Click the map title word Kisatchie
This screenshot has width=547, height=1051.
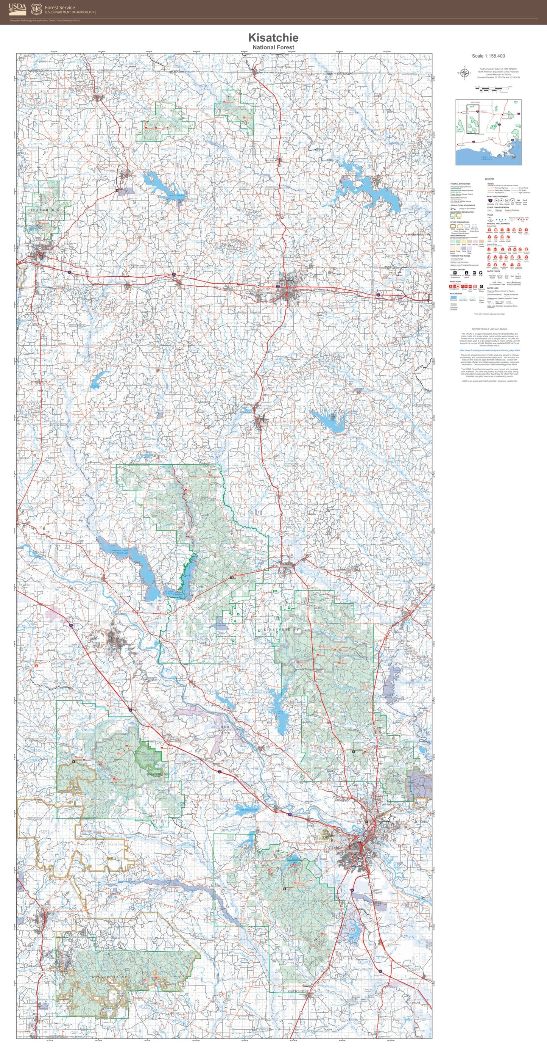[x=273, y=38]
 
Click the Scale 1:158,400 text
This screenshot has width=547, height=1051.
[x=488, y=56]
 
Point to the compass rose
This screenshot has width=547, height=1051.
[x=464, y=74]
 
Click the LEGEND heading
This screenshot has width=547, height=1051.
[x=489, y=179]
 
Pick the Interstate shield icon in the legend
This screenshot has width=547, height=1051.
[x=489, y=200]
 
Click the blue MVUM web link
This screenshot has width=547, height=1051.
[x=489, y=350]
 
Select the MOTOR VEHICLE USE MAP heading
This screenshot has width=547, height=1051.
[x=489, y=329]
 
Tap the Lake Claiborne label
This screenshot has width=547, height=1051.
[x=177, y=196]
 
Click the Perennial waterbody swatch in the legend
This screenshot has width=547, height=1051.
[x=453, y=298]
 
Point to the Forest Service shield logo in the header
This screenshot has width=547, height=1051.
[x=36, y=8]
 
